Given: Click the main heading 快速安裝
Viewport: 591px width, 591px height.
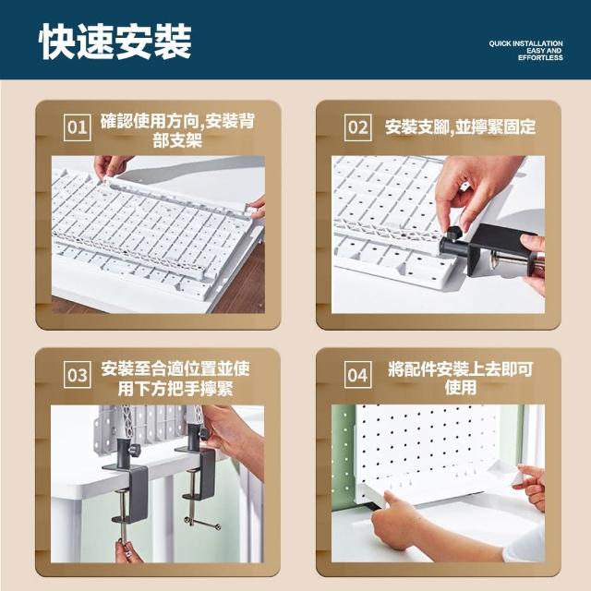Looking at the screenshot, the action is [x=115, y=41].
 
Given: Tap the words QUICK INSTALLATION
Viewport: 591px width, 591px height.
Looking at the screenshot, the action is [x=525, y=43].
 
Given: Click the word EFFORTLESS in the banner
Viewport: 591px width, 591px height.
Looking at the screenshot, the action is [x=540, y=57].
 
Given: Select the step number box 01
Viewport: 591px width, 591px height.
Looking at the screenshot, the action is [x=78, y=127].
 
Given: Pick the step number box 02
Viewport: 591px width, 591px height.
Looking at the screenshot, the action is [x=358, y=127].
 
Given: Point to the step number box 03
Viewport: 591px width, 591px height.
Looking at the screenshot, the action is [x=78, y=375].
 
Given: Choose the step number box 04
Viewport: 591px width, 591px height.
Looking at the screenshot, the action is [x=358, y=375].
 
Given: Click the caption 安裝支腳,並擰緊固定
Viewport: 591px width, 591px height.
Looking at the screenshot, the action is [x=460, y=127].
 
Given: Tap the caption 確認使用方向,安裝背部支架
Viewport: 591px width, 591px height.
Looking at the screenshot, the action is [x=177, y=130].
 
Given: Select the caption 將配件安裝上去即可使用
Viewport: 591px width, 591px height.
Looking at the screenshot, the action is [x=460, y=378].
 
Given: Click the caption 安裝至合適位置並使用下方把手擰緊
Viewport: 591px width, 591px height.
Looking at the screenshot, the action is [x=175, y=379].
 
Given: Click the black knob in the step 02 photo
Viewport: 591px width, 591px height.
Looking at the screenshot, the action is [x=454, y=233].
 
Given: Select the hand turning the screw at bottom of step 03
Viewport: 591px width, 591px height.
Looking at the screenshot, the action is [x=127, y=551].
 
